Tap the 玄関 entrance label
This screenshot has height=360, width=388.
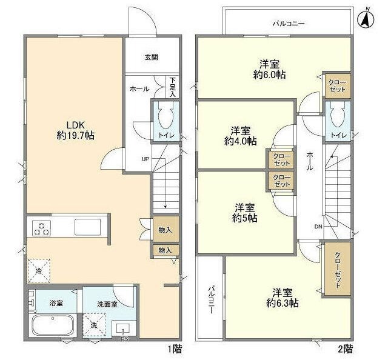pyautogui.click(x=151, y=58)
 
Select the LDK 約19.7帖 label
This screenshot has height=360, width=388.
pyautogui.click(x=75, y=130)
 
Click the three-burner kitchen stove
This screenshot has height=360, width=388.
pyautogui.click(x=41, y=228)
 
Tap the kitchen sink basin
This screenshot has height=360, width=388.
pyautogui.click(x=87, y=227)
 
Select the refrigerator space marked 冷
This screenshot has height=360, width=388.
pyautogui.click(x=39, y=271)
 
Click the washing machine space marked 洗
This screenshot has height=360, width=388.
pyautogui.click(x=94, y=325)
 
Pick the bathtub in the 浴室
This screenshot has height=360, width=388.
pyautogui.click(x=53, y=325)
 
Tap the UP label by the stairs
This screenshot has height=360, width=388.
pyautogui.click(x=145, y=159)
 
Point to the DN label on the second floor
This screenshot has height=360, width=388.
pyautogui.click(x=318, y=226)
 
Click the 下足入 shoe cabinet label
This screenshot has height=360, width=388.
pyautogui.click(x=172, y=87)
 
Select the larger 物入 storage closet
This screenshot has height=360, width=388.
pyautogui.click(x=166, y=229)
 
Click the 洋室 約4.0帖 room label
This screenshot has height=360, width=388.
pyautogui.click(x=240, y=136)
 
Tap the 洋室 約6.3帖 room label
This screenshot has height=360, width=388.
pyautogui.click(x=283, y=298)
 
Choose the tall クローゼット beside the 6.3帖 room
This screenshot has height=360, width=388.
pyautogui.click(x=338, y=268)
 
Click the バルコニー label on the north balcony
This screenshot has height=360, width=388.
pyautogui.click(x=289, y=24)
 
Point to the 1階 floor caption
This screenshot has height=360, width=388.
pyautogui.click(x=175, y=349)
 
